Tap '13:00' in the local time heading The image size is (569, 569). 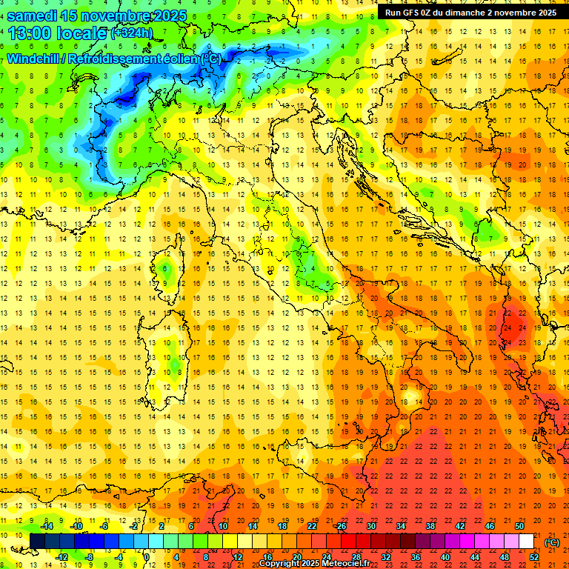[x=31, y=33]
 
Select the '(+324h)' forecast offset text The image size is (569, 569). [x=132, y=33]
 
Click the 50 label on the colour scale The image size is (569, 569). [x=519, y=526]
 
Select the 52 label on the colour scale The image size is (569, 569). [x=533, y=557]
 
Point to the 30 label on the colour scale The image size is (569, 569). [x=371, y=526]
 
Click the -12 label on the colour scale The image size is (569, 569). [x=62, y=557]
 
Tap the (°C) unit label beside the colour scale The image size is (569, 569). [x=551, y=542]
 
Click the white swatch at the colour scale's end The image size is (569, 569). [x=526, y=542]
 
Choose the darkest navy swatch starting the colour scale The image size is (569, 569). [x=37, y=542]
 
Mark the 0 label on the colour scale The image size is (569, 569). [x=147, y=557]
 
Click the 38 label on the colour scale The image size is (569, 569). [x=430, y=526]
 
